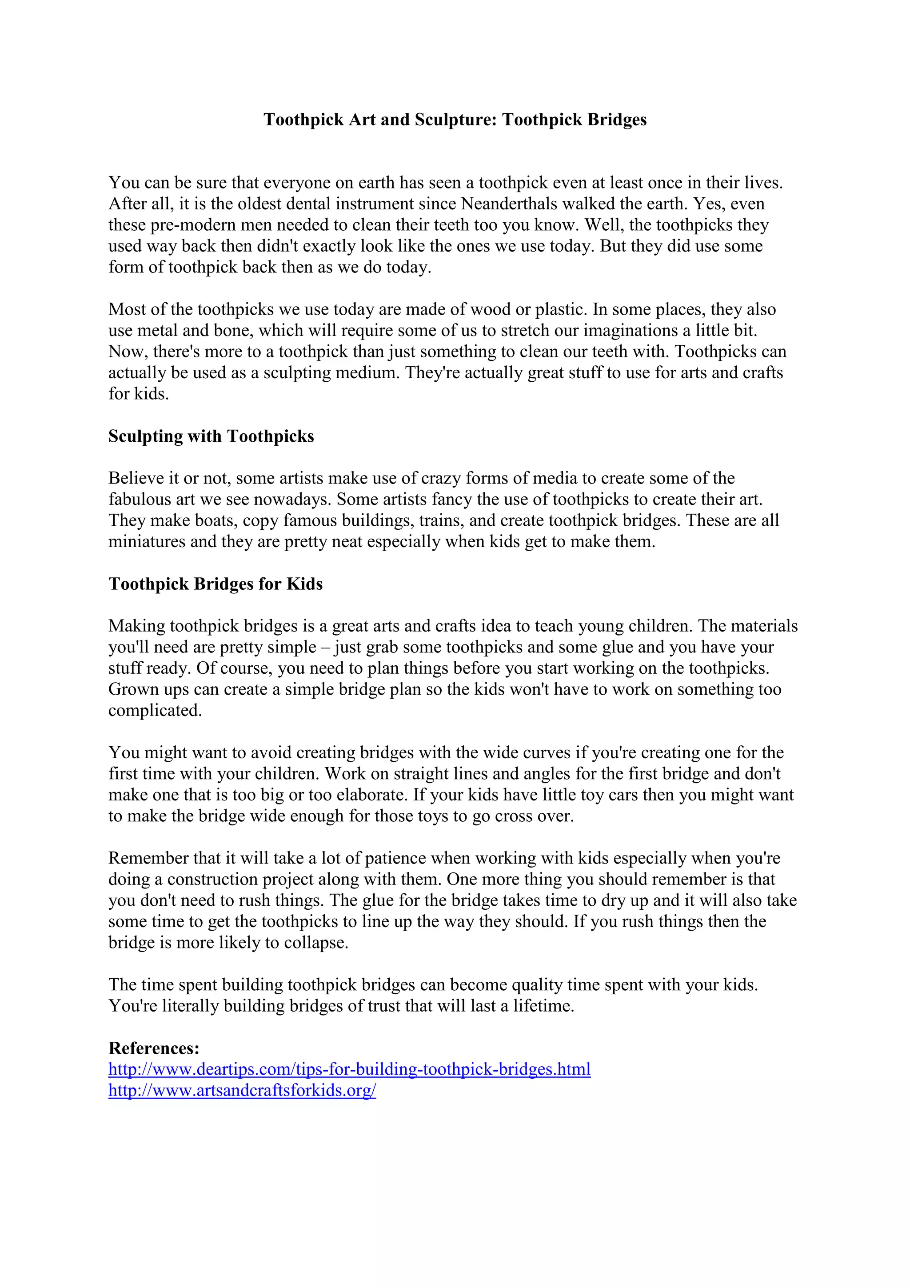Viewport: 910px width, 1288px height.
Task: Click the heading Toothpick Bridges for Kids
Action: (216, 584)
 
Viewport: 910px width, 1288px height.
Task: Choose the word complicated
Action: (155, 711)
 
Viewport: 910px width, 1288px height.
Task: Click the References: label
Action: (154, 1048)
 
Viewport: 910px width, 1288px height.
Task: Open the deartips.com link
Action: (349, 1069)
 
